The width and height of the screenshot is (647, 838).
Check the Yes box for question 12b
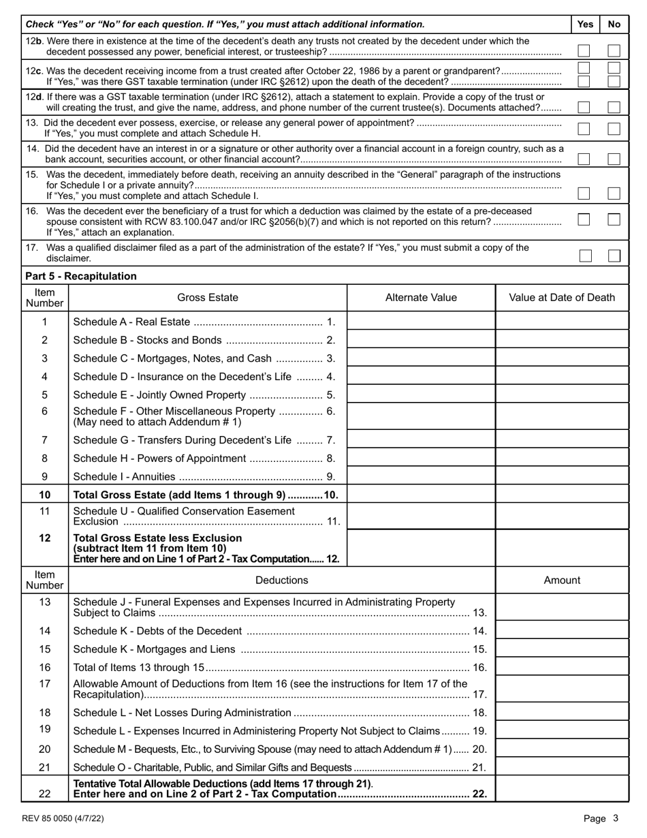[x=584, y=50]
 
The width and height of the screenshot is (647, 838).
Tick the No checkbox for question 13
[x=614, y=129]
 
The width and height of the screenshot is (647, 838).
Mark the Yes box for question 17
[x=585, y=255]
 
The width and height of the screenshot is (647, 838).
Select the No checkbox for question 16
[x=614, y=219]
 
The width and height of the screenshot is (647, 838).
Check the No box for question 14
[x=614, y=159]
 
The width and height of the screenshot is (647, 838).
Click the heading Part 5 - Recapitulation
[x=80, y=276]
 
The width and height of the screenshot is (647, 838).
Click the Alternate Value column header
[x=421, y=297]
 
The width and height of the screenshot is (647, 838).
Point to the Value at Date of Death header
[x=562, y=297]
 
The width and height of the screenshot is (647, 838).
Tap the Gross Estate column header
[x=208, y=297]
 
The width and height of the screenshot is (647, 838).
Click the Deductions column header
[x=281, y=580]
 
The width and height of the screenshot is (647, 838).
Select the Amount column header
[x=562, y=580]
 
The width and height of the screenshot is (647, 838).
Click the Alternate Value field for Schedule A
[x=421, y=322]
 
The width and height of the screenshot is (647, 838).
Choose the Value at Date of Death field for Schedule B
[x=562, y=340]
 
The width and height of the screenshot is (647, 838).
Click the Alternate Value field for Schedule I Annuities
[x=421, y=476]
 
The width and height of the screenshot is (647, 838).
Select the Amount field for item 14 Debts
[x=562, y=630]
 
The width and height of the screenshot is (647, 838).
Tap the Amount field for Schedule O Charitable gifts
[x=562, y=767]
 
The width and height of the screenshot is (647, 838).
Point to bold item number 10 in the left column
[x=44, y=495]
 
